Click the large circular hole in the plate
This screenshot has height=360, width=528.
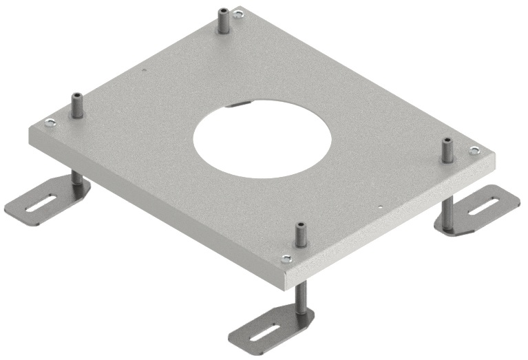(262, 138)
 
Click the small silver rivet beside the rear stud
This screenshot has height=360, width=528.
(237, 13)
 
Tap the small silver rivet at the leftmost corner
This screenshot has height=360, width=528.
(49, 123)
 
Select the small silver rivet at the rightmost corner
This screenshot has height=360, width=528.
(474, 149)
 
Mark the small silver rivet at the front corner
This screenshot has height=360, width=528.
(286, 259)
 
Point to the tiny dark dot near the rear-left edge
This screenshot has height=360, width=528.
(142, 69)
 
